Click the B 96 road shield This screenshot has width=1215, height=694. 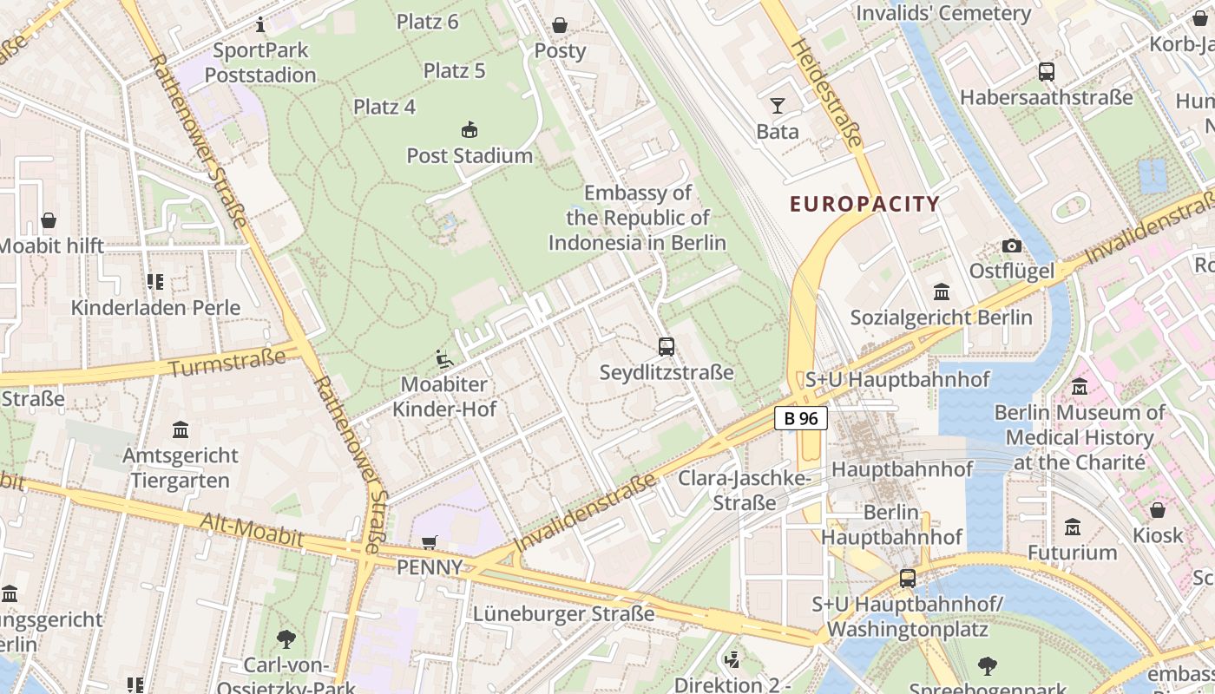click(800, 418)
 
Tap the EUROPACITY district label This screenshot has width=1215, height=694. click(864, 205)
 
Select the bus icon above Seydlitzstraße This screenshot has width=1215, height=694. click(667, 347)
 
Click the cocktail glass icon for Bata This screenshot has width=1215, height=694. click(777, 106)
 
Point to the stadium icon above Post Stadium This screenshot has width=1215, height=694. click(470, 130)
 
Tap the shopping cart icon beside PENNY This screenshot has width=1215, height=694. click(429, 542)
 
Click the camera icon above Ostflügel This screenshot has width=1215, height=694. click(1011, 246)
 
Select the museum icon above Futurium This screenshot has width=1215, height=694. click(1073, 527)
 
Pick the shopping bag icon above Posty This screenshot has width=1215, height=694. click(560, 25)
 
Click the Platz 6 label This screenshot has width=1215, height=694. click(428, 22)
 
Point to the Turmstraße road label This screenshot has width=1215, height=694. click(227, 363)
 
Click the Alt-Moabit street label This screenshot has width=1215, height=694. click(252, 530)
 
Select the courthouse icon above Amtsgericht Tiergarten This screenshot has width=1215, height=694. click(181, 429)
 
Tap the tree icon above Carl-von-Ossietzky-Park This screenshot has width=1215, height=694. click(286, 640)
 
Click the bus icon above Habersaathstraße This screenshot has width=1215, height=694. click(1046, 72)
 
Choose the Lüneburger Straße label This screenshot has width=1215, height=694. click(564, 614)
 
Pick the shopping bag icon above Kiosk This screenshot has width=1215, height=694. click(1158, 509)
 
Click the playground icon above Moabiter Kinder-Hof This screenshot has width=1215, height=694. click(443, 358)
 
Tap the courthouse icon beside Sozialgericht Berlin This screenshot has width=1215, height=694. click(942, 291)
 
